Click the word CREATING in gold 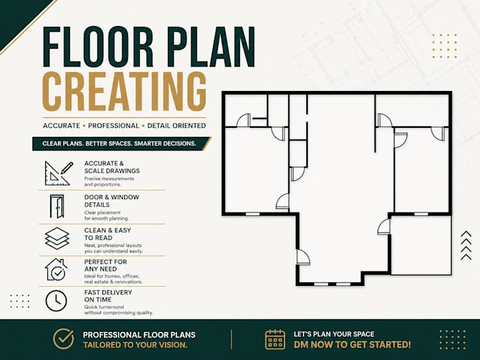tap(124, 92)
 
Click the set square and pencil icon tap(59, 173)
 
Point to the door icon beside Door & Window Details tap(57, 207)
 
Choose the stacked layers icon tap(57, 239)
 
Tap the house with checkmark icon tap(56, 270)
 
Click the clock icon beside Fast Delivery tap(56, 301)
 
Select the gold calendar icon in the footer tap(275, 340)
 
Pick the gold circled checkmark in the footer tap(64, 340)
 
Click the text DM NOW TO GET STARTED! tap(352, 344)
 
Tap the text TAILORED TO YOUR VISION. tap(135, 345)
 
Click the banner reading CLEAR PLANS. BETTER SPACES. tap(121, 143)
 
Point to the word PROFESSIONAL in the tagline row tap(114, 126)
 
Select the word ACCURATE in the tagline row tap(61, 126)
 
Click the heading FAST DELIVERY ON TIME tap(108, 296)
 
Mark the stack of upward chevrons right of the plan tap(466, 246)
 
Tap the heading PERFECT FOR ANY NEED tap(105, 265)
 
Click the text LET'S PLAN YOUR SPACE tap(334, 334)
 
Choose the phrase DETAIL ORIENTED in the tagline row tap(176, 126)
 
